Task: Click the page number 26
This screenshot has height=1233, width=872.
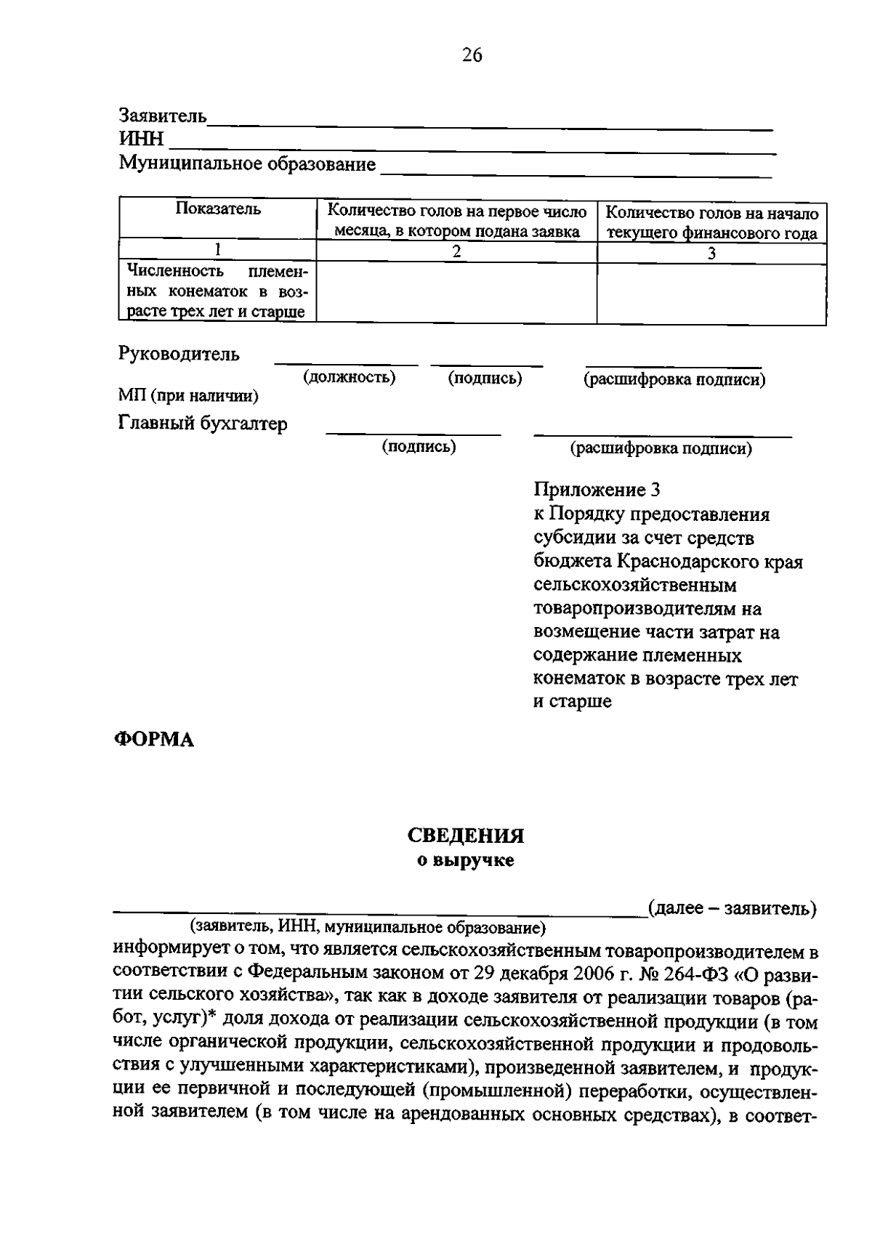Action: (x=472, y=56)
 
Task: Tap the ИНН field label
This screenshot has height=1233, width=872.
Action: (x=141, y=139)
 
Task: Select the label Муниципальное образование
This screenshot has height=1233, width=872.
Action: (x=247, y=163)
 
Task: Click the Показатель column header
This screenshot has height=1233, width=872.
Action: (x=217, y=210)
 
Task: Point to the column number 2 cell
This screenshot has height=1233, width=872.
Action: (x=456, y=252)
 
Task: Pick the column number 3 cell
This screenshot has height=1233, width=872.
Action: (x=711, y=253)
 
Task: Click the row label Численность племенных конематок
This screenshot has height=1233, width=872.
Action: (x=217, y=292)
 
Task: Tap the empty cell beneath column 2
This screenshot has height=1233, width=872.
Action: (x=456, y=292)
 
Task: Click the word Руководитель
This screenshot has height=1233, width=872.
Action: (x=179, y=355)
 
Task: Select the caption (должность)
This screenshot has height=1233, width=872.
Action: (x=349, y=377)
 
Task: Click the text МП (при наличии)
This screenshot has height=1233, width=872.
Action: (x=188, y=396)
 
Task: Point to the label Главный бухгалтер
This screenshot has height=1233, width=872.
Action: (x=203, y=424)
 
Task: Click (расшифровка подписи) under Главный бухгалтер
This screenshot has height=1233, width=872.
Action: (x=661, y=448)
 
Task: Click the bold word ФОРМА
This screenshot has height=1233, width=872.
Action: (x=153, y=740)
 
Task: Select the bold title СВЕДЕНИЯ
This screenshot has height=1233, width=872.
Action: (x=465, y=836)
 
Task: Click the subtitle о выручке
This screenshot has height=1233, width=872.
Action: (x=465, y=861)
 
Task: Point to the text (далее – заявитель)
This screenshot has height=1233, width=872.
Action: (x=732, y=908)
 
